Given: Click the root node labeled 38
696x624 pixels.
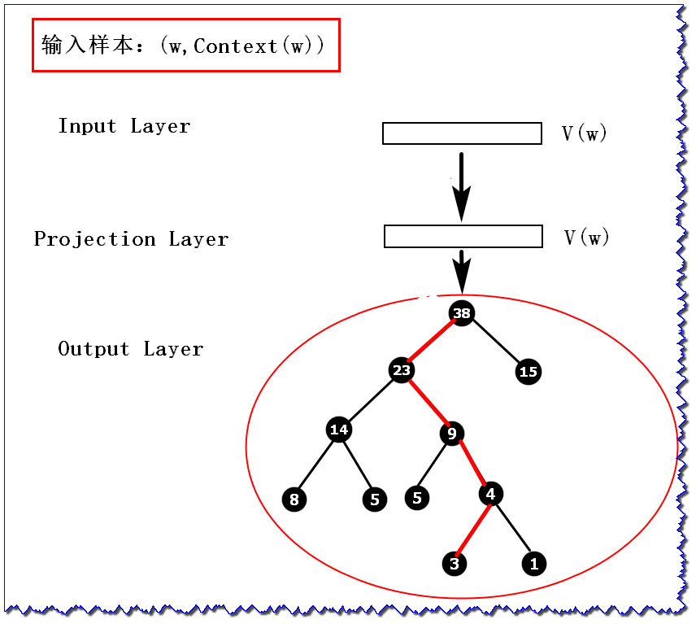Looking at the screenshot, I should [x=462, y=313].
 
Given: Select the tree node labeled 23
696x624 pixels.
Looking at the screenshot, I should [x=402, y=371].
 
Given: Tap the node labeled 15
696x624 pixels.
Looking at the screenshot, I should [x=529, y=372].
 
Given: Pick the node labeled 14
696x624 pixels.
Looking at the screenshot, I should [x=339, y=430].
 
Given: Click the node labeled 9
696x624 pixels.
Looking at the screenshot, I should [x=452, y=434].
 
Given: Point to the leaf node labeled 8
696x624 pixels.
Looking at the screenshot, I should [x=294, y=499].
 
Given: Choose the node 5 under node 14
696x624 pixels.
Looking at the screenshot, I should [x=374, y=499].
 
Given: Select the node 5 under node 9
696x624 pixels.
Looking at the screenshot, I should [x=417, y=497].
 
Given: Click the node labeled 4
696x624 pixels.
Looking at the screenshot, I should [x=490, y=494].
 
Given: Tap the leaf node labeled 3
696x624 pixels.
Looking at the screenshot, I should [x=455, y=563].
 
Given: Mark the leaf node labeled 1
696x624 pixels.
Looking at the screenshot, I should [x=533, y=563].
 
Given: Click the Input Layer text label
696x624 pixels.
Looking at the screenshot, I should [x=124, y=126].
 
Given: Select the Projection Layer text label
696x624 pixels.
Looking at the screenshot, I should [x=131, y=239].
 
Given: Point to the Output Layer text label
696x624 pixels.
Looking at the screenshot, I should [x=130, y=349].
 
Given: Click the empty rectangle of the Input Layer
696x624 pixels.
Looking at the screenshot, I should [x=462, y=133].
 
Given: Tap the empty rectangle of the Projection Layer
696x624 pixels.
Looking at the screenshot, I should [x=463, y=237].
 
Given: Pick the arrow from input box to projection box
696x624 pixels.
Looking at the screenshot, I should [x=462, y=185].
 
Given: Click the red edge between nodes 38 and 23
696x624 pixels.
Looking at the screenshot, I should [x=432, y=342].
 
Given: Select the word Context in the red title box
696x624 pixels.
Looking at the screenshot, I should [x=235, y=46].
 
